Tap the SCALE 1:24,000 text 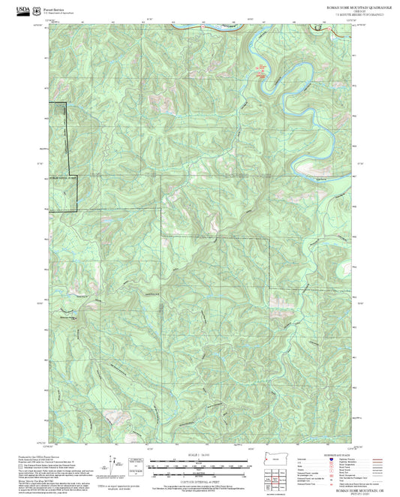(x=200, y=455)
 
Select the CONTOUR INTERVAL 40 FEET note (x=200, y=480)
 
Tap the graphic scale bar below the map (x=200, y=465)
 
